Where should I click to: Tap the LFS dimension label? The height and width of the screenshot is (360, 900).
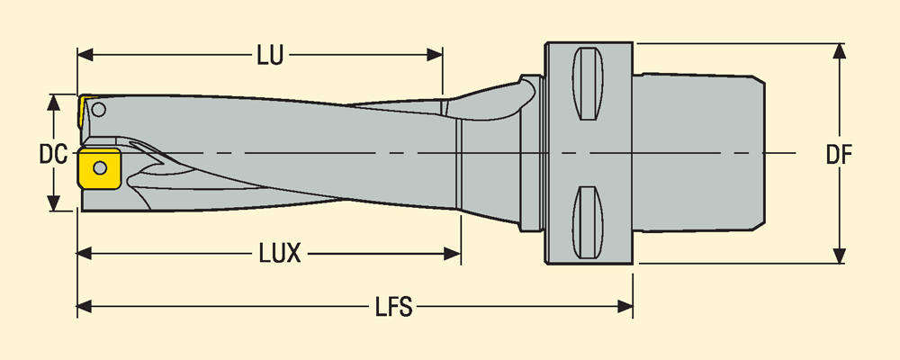pyautogui.click(x=392, y=308)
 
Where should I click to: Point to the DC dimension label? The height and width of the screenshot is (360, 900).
pyautogui.click(x=53, y=154)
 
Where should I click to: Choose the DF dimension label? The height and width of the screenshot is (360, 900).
pyautogui.click(x=839, y=154)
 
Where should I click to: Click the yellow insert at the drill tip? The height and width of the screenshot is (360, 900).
pyautogui.click(x=98, y=168)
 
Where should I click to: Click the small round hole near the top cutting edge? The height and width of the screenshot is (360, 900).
pyautogui.click(x=98, y=111)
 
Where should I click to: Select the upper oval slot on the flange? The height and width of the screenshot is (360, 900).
pyautogui.click(x=587, y=85)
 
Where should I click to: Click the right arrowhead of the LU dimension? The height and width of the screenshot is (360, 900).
pyautogui.click(x=436, y=56)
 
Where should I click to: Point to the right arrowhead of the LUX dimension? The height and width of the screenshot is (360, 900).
pyautogui.click(x=454, y=254)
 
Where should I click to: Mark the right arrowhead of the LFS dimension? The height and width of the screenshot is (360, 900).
pyautogui.click(x=627, y=308)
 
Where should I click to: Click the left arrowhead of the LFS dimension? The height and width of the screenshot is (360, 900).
pyautogui.click(x=84, y=308)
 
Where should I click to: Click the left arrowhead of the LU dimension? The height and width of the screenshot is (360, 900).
pyautogui.click(x=84, y=56)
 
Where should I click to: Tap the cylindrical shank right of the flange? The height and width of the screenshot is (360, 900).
pyautogui.click(x=697, y=153)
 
